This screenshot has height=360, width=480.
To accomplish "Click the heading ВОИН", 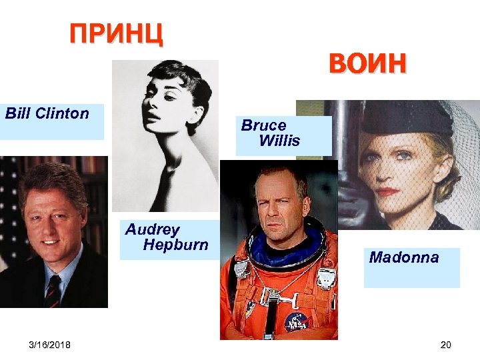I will click(x=367, y=64).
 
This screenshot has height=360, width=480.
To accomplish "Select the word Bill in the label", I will click(x=18, y=113).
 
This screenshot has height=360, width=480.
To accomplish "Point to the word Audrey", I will click(x=153, y=230).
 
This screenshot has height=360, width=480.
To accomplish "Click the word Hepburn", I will click(x=175, y=245).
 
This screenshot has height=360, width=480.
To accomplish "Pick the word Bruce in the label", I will click(x=264, y=125).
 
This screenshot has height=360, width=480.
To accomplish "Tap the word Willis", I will click(x=279, y=141).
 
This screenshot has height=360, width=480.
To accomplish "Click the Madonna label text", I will click(x=404, y=257).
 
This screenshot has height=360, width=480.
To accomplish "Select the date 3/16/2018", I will click(x=50, y=344).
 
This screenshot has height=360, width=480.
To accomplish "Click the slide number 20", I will click(x=446, y=344).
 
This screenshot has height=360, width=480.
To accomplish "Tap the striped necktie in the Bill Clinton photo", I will click(x=53, y=289).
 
